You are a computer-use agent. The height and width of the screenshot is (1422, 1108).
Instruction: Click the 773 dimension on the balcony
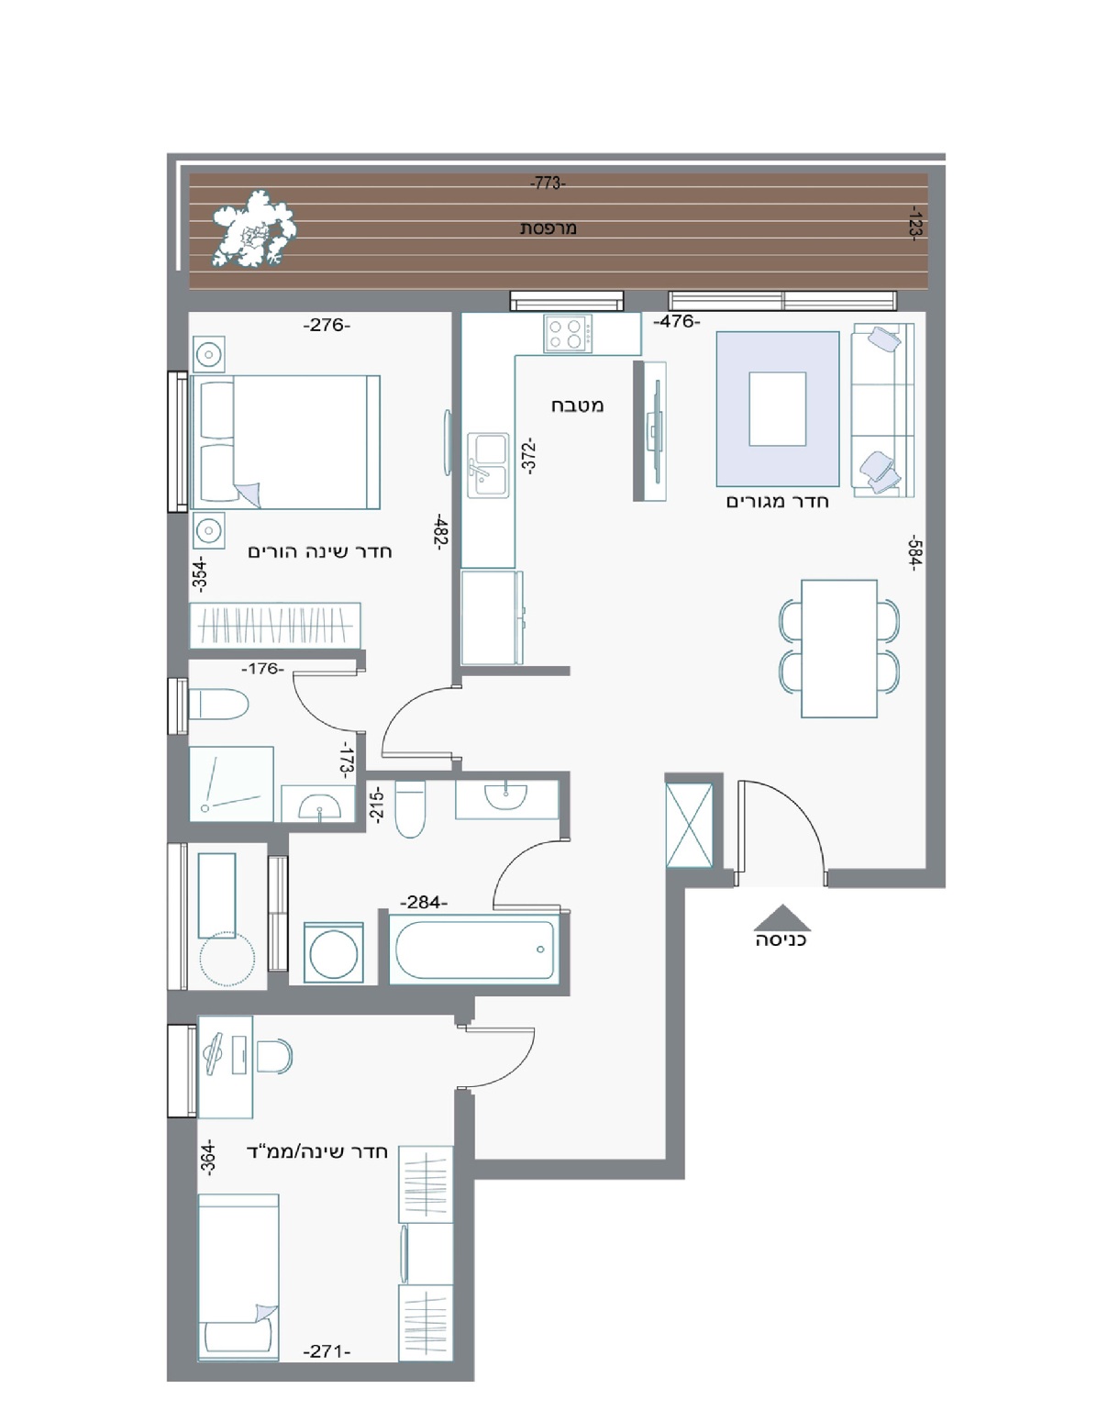[547, 183]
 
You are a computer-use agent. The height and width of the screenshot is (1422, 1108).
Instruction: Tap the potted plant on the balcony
[253, 228]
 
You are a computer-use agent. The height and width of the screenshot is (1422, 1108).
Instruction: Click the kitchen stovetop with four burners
[567, 334]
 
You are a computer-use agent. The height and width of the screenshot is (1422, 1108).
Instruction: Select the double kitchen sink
[489, 464]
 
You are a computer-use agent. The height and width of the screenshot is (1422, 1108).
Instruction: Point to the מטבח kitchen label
[577, 405]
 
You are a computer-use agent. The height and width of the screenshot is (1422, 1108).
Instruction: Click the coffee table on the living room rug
[777, 408]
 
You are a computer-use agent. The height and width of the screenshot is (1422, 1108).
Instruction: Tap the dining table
[838, 648]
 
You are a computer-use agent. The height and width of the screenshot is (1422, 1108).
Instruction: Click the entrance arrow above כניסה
[781, 917]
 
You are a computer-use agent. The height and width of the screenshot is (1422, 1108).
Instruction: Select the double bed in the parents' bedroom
[285, 442]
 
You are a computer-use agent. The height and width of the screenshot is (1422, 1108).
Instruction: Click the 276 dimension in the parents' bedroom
[327, 325]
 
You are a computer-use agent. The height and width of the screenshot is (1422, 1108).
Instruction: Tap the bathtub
[473, 949]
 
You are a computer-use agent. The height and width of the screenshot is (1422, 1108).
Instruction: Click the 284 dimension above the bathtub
[423, 903]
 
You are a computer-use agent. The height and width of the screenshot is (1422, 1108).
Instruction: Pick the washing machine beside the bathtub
[334, 953]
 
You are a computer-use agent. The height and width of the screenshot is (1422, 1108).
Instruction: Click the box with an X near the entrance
[689, 825]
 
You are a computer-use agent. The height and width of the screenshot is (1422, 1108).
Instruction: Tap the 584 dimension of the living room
[915, 553]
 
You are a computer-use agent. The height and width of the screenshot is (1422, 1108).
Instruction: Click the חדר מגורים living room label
[777, 502]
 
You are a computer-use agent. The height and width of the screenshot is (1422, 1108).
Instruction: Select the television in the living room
[655, 430]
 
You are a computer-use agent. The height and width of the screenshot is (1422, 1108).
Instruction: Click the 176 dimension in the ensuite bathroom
[262, 669]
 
